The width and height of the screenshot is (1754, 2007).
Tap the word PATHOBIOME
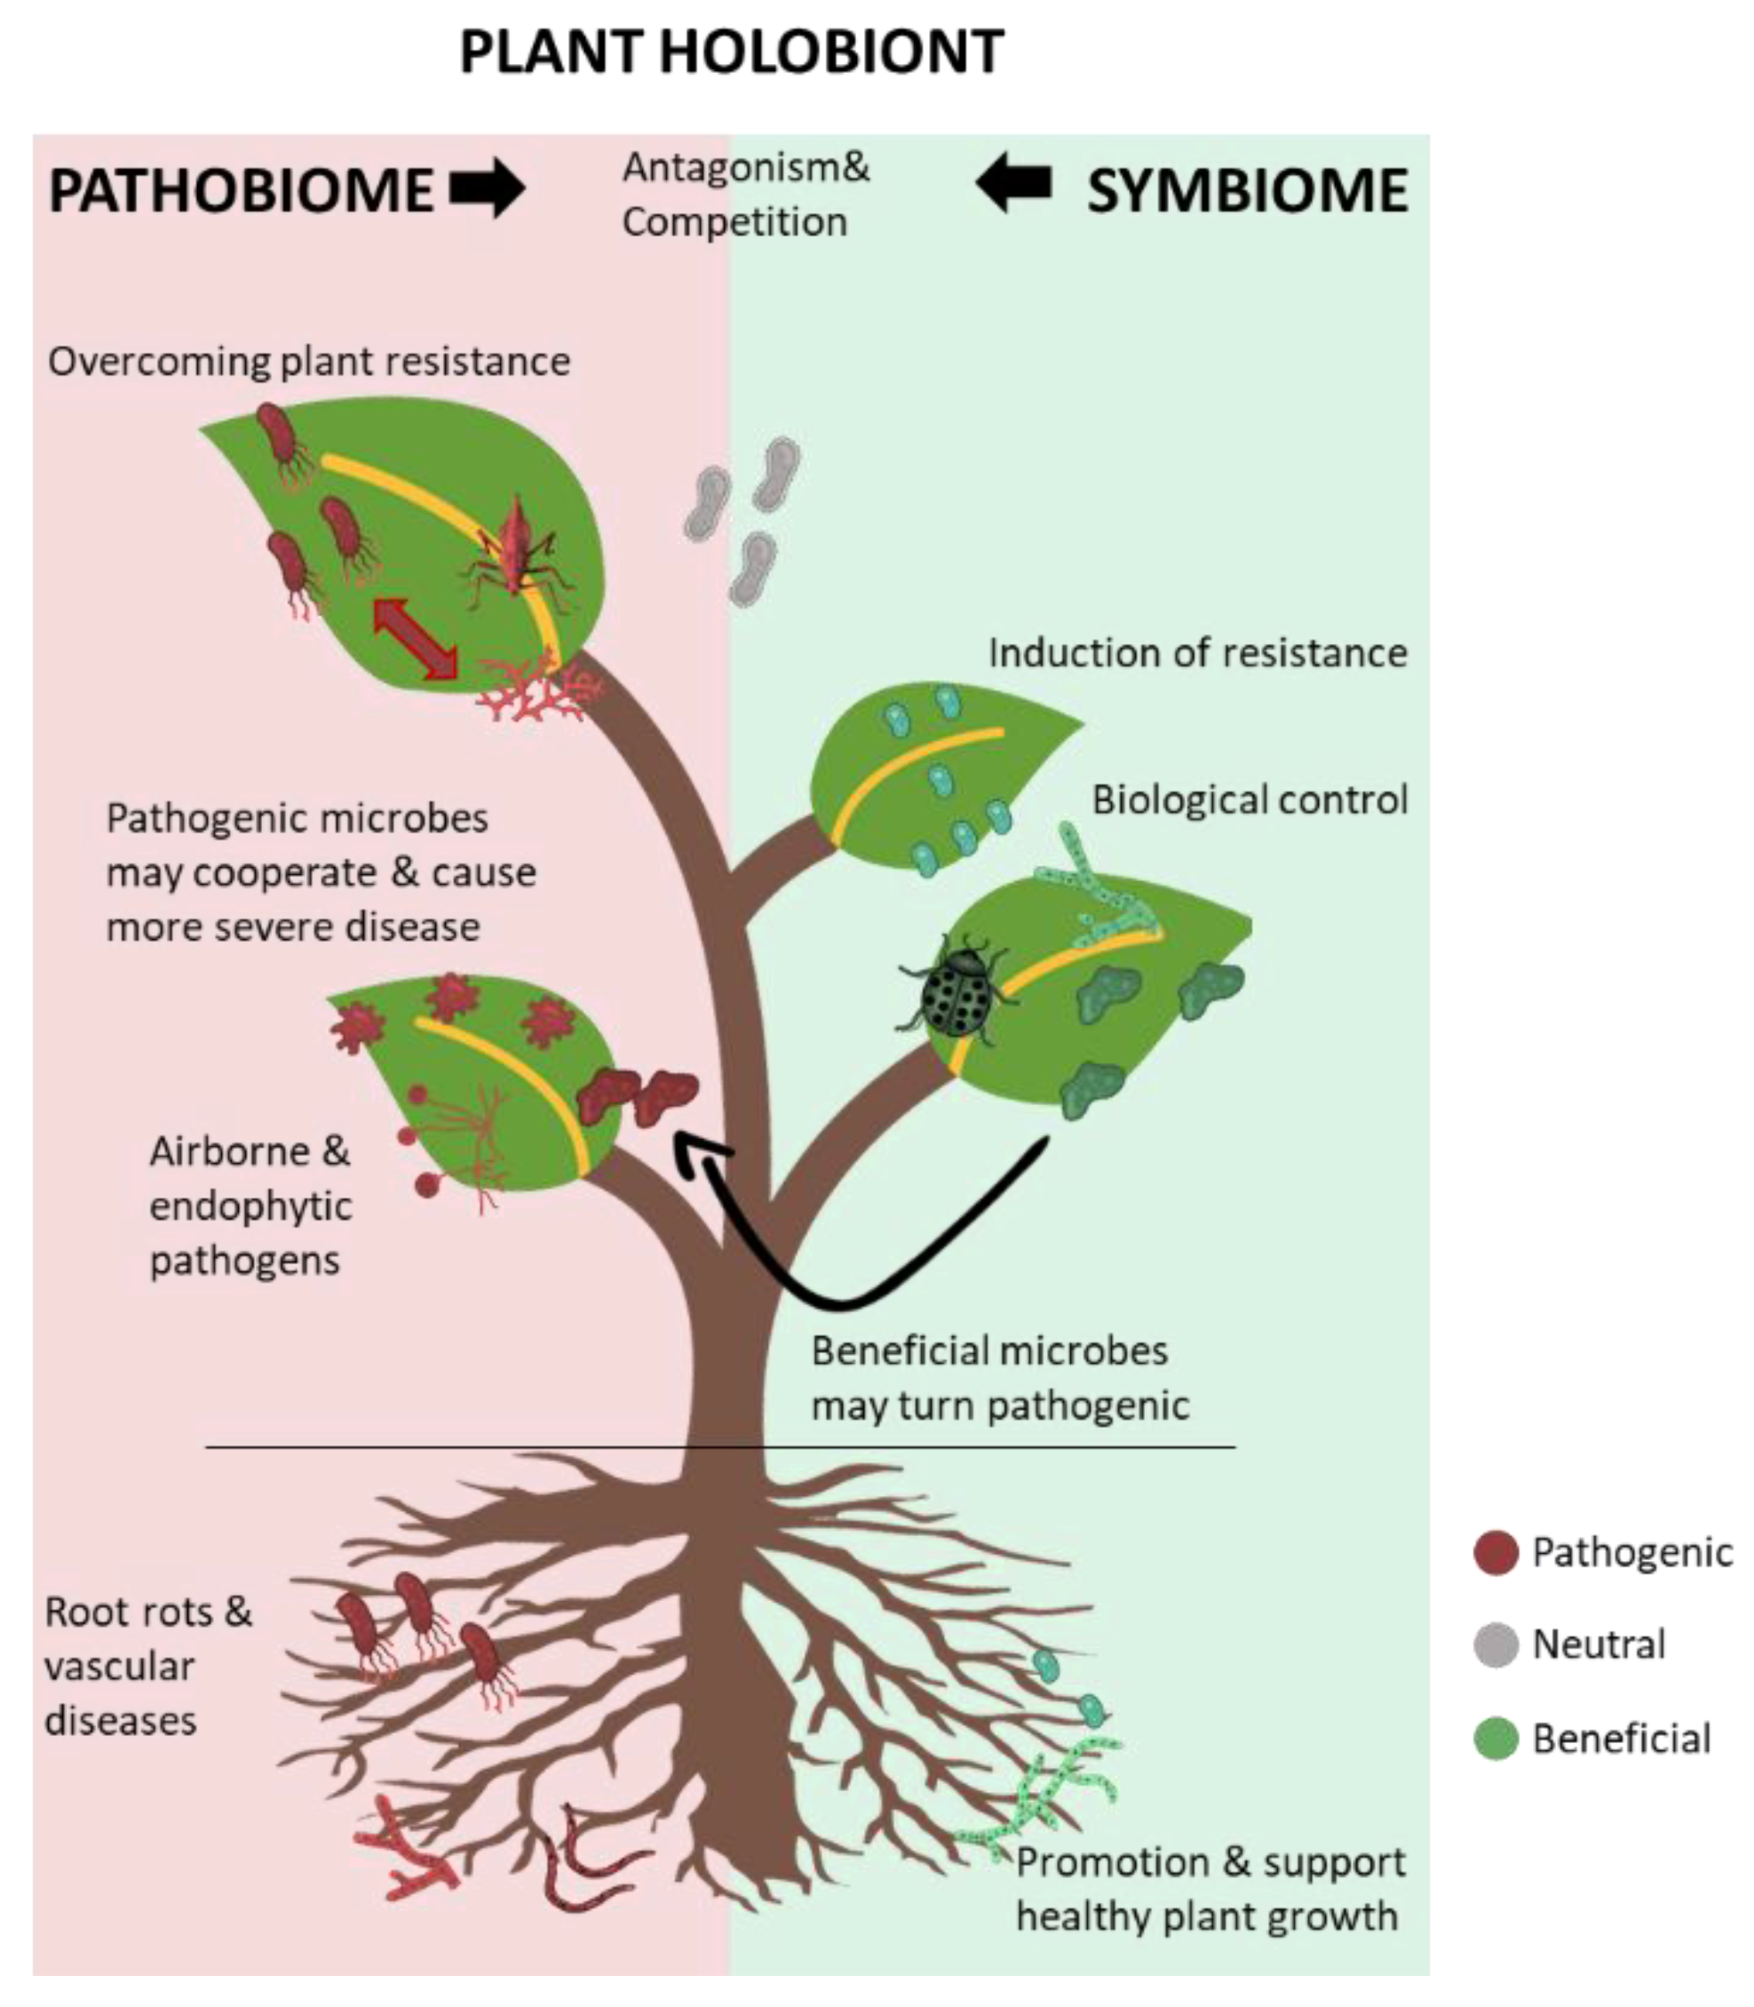click(241, 190)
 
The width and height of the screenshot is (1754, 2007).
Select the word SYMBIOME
click(1247, 190)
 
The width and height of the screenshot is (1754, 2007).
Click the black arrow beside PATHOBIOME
click(488, 188)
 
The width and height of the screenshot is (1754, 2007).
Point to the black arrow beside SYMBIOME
click(1014, 183)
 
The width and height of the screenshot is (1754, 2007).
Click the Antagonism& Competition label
click(746, 195)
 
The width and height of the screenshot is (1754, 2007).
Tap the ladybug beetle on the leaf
click(956, 992)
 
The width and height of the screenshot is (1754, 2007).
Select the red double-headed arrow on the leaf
click(415, 638)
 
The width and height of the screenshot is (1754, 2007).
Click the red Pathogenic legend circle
click(1495, 1553)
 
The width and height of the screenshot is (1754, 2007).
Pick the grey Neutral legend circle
click(1495, 1645)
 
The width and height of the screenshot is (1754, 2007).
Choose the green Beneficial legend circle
click(1495, 1739)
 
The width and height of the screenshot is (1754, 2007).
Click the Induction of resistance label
click(1197, 653)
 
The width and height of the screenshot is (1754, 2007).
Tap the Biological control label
click(1249, 800)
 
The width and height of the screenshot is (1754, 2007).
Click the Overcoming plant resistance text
click(308, 362)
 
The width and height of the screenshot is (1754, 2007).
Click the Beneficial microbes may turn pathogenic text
click(998, 1379)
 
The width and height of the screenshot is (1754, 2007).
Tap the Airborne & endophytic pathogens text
click(250, 1206)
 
